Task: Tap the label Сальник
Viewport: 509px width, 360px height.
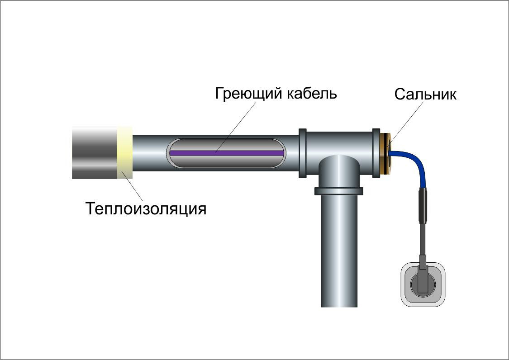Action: (425, 94)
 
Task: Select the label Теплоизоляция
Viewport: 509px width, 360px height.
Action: (146, 209)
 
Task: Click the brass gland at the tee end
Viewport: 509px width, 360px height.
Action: (386, 153)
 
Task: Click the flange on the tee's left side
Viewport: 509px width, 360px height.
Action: (303, 153)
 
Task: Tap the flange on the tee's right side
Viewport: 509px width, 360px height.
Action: (376, 153)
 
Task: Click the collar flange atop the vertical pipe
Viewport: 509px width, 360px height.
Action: (339, 191)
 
